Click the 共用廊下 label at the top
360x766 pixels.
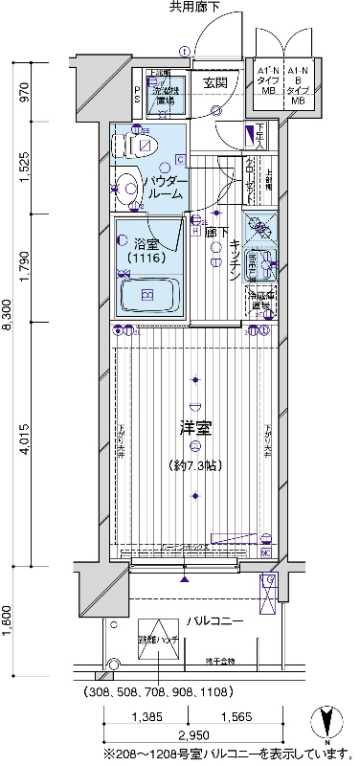195,9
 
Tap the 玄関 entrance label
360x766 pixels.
214,83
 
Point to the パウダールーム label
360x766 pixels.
165,187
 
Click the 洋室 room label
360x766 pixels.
195,425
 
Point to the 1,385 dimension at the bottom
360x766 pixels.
146,715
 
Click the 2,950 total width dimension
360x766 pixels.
192,736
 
